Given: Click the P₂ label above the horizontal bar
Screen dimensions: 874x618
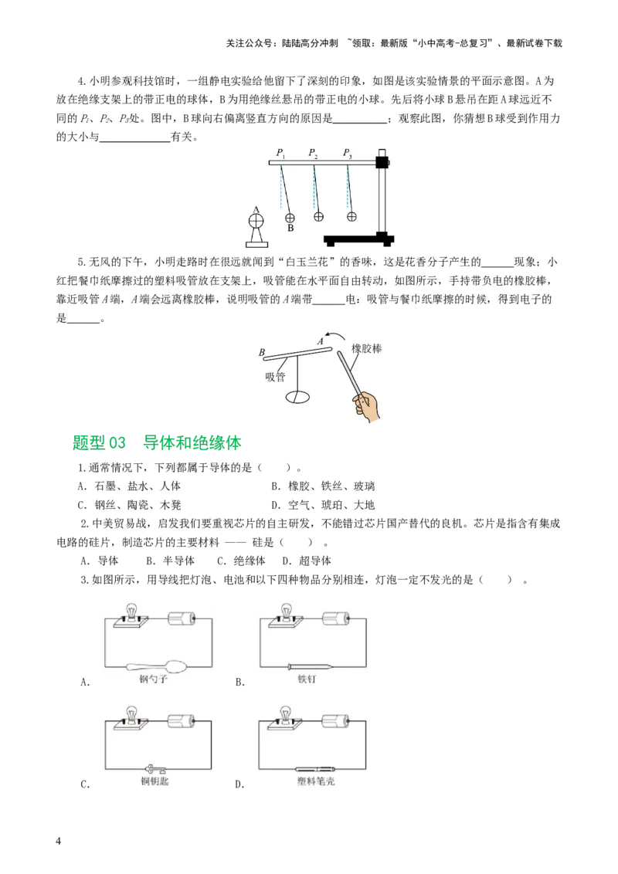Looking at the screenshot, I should (313, 153).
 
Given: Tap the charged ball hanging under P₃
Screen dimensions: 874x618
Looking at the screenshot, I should (351, 217).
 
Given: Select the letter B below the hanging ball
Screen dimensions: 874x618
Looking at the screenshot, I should (290, 229).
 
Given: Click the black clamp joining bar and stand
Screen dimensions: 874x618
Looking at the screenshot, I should (381, 162).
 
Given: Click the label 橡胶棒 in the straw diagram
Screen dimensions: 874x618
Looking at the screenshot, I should (366, 348).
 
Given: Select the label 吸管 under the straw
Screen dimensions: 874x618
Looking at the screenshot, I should (275, 377).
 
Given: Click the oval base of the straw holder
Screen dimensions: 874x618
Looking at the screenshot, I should (297, 398).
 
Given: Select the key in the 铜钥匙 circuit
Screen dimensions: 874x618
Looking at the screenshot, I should (154, 768).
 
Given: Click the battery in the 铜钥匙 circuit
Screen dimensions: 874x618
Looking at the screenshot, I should (182, 720).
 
